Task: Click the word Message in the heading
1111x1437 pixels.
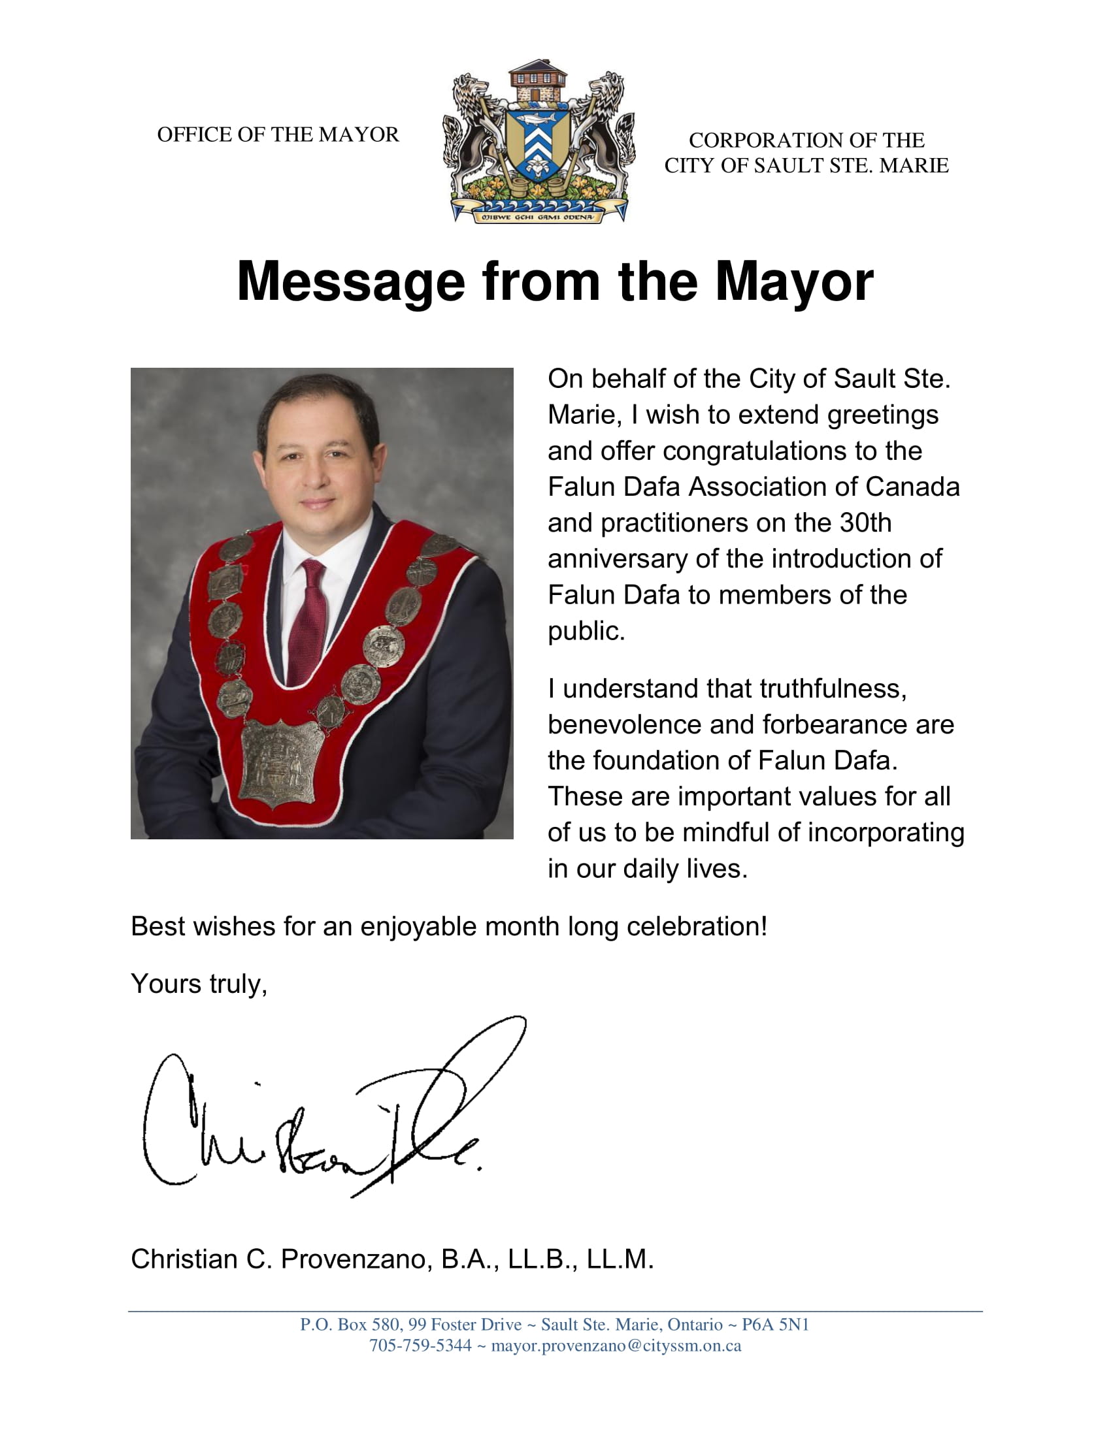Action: (351, 282)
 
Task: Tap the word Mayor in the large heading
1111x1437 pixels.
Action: (794, 282)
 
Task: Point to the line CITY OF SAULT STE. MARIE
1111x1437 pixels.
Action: (806, 166)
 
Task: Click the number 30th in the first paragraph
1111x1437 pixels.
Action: (865, 523)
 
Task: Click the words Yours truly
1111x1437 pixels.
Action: (199, 984)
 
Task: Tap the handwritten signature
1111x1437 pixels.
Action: (329, 1112)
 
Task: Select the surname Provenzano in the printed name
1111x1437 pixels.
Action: (356, 1259)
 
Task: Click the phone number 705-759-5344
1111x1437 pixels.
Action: (420, 1346)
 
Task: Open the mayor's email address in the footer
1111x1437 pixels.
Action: (616, 1346)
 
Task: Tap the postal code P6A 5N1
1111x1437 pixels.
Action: (774, 1325)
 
